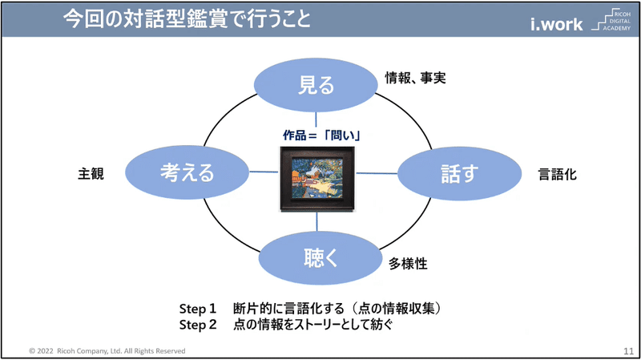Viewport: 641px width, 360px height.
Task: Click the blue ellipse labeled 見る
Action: [316, 85]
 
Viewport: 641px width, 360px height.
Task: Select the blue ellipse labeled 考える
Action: [187, 172]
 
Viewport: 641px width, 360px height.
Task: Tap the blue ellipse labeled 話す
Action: [459, 173]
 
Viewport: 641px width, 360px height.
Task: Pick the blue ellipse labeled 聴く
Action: [320, 258]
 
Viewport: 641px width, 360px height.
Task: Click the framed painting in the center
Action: [317, 179]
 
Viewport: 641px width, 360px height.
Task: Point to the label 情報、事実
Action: [415, 78]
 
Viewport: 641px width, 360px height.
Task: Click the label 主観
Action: [91, 173]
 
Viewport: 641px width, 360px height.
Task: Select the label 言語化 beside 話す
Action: [557, 174]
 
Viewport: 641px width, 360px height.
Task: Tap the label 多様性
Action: [408, 264]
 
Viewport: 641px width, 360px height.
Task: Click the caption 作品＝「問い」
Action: [321, 135]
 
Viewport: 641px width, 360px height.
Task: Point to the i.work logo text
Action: [556, 24]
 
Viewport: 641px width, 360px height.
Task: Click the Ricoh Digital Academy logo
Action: [611, 19]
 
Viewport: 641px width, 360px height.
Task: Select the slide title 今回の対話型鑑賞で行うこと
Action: [187, 18]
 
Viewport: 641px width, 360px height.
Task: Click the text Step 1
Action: [197, 309]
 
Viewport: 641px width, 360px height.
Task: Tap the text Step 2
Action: [198, 325]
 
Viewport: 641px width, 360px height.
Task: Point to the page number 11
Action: [628, 351]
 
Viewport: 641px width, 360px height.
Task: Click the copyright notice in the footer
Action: [107, 351]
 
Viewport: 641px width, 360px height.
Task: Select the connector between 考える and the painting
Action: [264, 172]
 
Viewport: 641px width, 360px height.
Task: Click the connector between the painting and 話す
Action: [377, 173]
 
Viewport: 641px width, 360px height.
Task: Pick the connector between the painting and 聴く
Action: [316, 221]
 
